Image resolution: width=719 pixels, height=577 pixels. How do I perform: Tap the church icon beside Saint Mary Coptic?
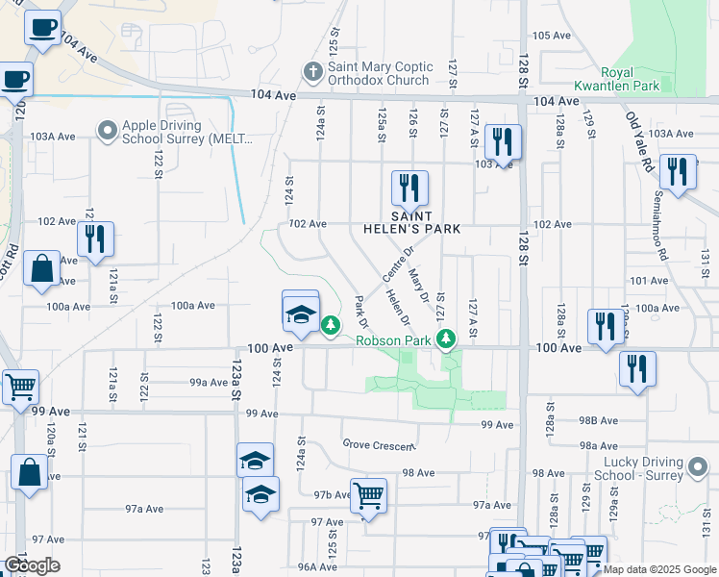click(311, 71)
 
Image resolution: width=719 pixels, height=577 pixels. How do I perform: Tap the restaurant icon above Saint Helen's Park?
click(409, 188)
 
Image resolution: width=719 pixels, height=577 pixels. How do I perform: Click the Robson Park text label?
click(393, 340)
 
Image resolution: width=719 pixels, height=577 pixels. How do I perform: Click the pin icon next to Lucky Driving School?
click(699, 469)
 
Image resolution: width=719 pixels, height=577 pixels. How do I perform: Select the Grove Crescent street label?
click(379, 445)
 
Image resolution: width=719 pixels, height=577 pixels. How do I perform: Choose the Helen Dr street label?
click(398, 307)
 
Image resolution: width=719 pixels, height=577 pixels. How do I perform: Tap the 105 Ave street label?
click(552, 36)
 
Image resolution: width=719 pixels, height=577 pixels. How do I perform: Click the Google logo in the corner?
click(32, 564)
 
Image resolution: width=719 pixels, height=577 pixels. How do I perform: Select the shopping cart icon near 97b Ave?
click(368, 496)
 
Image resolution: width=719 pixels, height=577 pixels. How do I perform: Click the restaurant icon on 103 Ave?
click(503, 142)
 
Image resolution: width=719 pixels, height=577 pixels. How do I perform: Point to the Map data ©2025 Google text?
click(660, 569)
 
